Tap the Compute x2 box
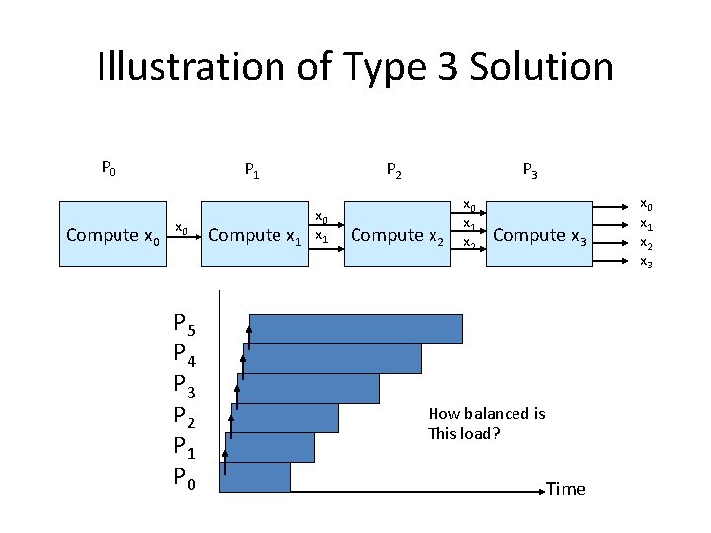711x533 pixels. [398, 235]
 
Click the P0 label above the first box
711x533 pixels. [108, 169]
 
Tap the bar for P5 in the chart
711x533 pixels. [355, 328]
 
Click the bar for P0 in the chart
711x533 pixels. [256, 477]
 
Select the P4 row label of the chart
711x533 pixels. [184, 352]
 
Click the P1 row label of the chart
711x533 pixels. [184, 447]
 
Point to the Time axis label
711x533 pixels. [565, 489]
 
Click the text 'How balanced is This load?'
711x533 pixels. [486, 423]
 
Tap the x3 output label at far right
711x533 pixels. [647, 261]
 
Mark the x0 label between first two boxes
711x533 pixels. [182, 229]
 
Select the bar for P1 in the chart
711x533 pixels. [270, 447]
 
